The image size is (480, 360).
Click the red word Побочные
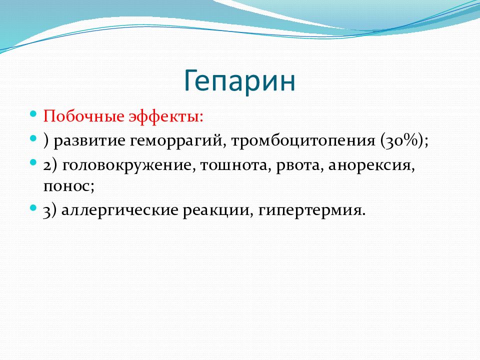pos(84,116)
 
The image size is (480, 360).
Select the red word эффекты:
pos(165,117)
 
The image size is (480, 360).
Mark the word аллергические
pos(119,210)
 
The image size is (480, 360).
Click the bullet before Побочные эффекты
pos(33,114)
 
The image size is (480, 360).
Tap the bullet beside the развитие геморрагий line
pos(33,138)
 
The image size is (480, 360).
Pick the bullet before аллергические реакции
pos(33,208)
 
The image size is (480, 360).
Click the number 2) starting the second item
pos(50,166)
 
